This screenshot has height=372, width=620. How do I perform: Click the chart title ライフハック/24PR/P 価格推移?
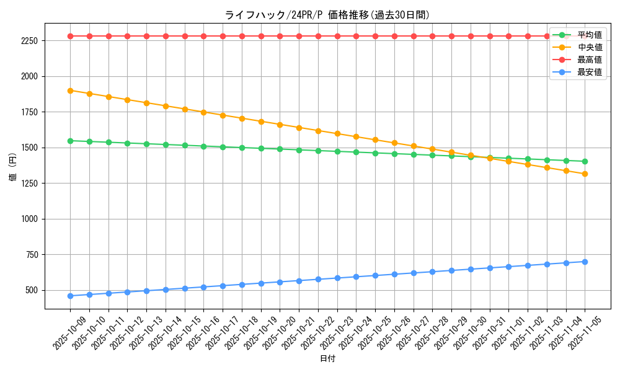click(x=327, y=15)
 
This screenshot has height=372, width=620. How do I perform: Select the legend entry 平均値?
click(x=589, y=35)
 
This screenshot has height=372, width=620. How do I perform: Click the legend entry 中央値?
click(x=589, y=48)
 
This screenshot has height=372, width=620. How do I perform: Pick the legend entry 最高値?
click(x=589, y=60)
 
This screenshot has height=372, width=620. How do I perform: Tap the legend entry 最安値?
click(x=589, y=73)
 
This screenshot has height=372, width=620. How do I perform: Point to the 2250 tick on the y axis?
click(x=29, y=41)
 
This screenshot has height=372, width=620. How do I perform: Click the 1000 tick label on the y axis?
click(x=29, y=219)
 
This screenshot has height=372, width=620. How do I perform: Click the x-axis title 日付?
click(x=327, y=359)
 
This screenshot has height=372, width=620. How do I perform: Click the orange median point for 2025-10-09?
click(x=70, y=91)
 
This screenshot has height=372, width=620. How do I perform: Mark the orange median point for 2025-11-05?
click(x=585, y=174)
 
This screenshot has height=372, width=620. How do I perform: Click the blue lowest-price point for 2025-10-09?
click(x=70, y=296)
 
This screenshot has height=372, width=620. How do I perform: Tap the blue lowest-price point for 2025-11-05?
click(x=585, y=262)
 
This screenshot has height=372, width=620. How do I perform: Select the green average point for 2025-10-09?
click(x=70, y=141)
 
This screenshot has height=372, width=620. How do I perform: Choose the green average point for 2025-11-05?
click(x=585, y=161)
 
